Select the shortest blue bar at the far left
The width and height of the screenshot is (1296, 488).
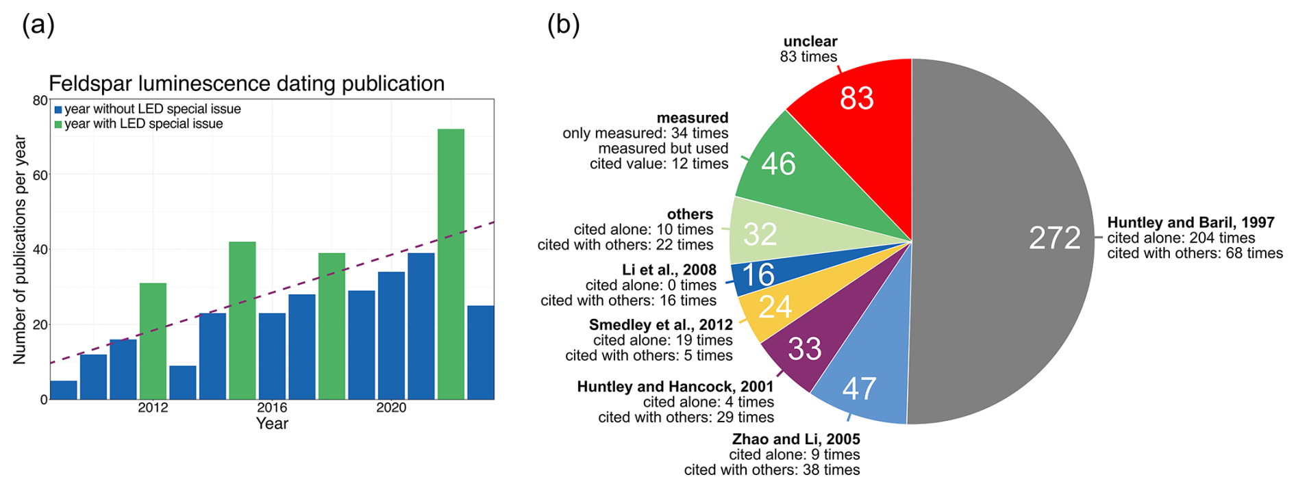[x=64, y=390]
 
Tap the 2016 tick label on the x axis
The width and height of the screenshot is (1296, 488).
[x=272, y=408]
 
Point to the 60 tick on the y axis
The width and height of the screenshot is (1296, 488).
[x=40, y=175]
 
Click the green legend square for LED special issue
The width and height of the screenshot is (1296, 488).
[x=58, y=125]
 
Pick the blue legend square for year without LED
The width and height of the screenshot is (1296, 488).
[x=58, y=110]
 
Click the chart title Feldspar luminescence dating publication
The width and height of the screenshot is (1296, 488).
[x=247, y=84]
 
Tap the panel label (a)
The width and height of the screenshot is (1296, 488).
[x=38, y=25]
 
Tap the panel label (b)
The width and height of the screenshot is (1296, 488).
[x=563, y=25]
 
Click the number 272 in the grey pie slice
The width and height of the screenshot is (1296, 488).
[x=1054, y=238]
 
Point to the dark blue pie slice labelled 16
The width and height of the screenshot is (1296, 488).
[x=758, y=275]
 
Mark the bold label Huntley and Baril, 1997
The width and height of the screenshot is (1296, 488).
[x=1191, y=222]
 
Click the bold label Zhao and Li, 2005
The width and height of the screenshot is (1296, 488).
[x=796, y=439]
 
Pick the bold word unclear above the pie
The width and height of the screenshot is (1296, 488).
[x=810, y=42]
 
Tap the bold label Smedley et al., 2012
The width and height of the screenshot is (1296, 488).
[x=660, y=324]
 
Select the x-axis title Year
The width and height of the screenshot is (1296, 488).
[x=272, y=424]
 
